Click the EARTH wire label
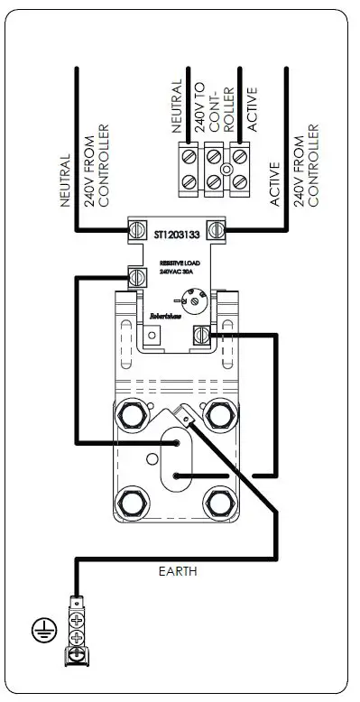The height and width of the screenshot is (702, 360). click(x=177, y=571)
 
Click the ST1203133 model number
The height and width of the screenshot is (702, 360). click(x=174, y=232)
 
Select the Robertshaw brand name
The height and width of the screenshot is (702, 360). click(x=162, y=317)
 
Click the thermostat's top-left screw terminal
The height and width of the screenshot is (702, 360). click(x=136, y=229)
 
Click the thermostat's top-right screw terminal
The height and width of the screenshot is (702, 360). click(x=216, y=229)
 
